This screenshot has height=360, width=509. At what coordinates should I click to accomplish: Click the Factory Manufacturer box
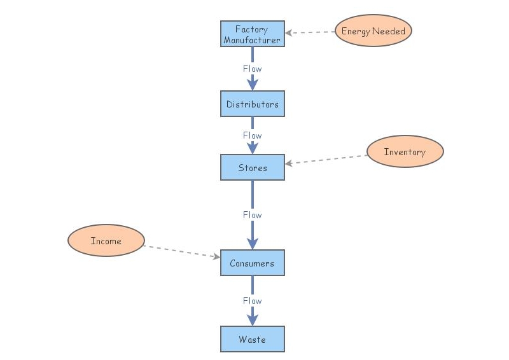pyautogui.click(x=252, y=34)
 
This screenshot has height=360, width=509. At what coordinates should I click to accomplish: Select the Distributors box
pyautogui.click(x=252, y=104)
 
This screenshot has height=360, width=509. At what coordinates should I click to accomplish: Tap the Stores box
pyautogui.click(x=252, y=167)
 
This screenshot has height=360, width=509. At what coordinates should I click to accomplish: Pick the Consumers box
pyautogui.click(x=252, y=263)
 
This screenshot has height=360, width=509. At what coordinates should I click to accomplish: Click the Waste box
pyautogui.click(x=252, y=339)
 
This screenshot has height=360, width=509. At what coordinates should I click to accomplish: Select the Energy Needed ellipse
pyautogui.click(x=373, y=31)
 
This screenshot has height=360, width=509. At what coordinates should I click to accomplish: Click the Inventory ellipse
pyautogui.click(x=405, y=151)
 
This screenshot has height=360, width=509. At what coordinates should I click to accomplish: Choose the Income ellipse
pyautogui.click(x=106, y=241)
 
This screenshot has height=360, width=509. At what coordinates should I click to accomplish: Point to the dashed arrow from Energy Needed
pyautogui.click(x=310, y=32)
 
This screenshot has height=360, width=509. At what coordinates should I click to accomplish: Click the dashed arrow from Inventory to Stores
pyautogui.click(x=326, y=159)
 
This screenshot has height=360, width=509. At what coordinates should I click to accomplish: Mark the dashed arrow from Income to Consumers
pyautogui.click(x=181, y=251)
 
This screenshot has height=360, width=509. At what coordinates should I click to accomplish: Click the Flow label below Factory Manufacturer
pyautogui.click(x=252, y=69)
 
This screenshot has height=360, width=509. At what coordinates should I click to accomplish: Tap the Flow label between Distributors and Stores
pyautogui.click(x=252, y=135)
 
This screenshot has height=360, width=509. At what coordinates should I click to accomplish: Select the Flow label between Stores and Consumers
pyautogui.click(x=252, y=215)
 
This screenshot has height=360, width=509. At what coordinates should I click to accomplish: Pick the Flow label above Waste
pyautogui.click(x=252, y=301)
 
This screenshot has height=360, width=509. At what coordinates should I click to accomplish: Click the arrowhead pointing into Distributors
pyautogui.click(x=252, y=84)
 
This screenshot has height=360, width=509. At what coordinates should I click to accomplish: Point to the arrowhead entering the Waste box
pyautogui.click(x=252, y=319)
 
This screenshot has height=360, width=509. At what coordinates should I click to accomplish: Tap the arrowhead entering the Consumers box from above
pyautogui.click(x=252, y=243)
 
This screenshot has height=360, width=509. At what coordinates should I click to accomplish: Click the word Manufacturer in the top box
pyautogui.click(x=252, y=40)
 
